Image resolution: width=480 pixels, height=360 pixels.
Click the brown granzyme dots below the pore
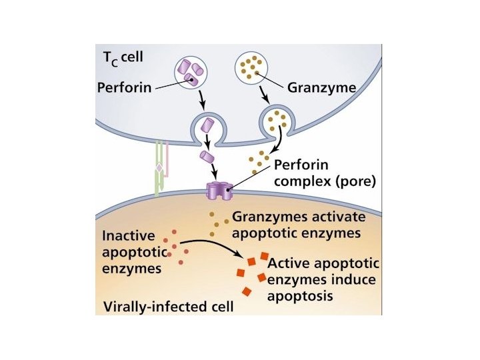pos(215,224)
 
